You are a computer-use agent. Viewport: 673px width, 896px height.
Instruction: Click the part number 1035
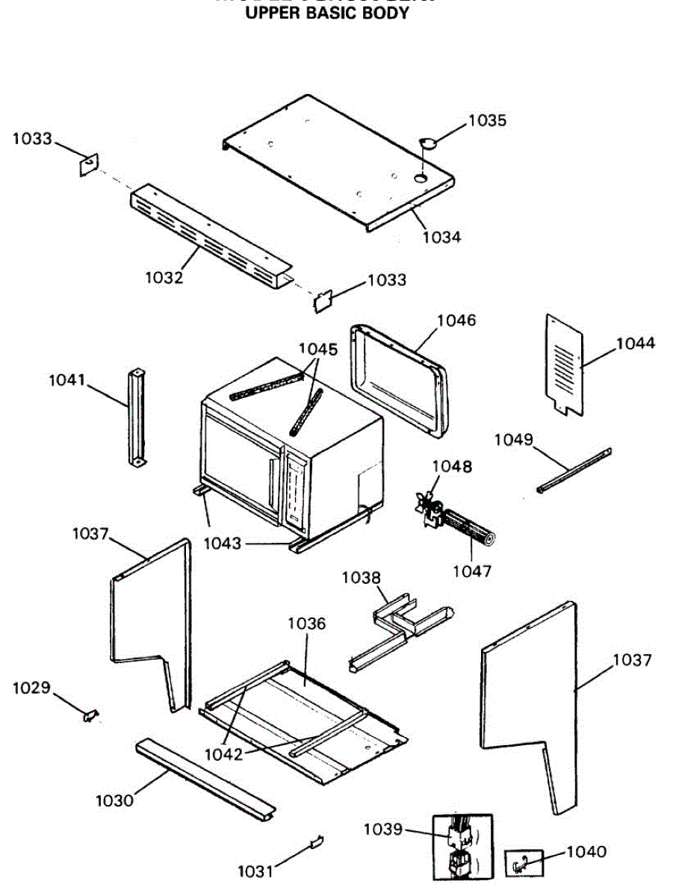tap(487, 120)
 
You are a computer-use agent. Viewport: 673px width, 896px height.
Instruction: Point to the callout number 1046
tap(456, 320)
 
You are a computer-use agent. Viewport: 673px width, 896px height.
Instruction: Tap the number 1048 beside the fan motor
tap(452, 467)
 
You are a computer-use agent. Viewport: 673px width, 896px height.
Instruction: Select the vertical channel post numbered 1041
tap(137, 418)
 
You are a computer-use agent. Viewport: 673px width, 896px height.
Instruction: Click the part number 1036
tap(307, 623)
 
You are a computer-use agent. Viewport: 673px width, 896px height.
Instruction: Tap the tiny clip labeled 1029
tap(90, 715)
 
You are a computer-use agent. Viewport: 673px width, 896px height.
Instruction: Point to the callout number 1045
tap(318, 349)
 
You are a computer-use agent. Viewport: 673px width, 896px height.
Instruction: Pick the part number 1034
tap(441, 237)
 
